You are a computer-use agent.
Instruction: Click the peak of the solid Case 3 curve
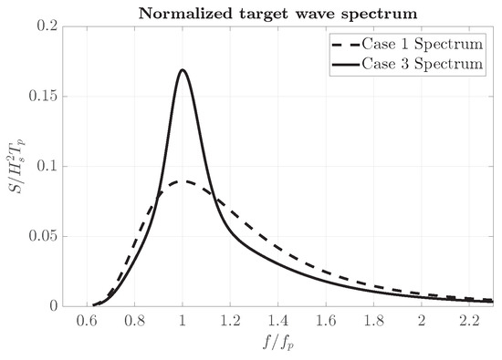[x=183, y=70]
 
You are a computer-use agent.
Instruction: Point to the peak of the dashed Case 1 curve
[x=185, y=181]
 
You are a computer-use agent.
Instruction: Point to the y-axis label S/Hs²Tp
[x=16, y=167]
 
